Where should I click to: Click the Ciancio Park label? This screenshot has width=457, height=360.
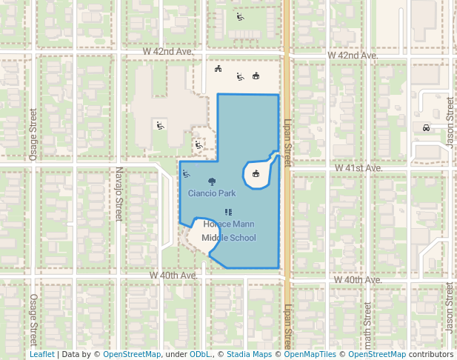(x=212, y=193)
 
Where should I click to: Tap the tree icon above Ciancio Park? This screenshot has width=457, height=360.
(x=213, y=181)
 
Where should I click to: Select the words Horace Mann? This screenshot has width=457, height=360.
(x=229, y=224)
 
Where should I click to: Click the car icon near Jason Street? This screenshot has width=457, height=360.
(x=426, y=127)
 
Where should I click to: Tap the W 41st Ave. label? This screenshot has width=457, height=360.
(x=358, y=168)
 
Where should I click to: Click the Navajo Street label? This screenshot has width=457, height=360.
(x=118, y=194)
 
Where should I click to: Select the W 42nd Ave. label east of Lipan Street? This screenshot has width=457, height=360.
(x=353, y=56)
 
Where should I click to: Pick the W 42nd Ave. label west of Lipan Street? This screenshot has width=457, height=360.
(x=169, y=53)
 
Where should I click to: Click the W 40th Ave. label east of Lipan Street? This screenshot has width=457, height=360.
(x=357, y=280)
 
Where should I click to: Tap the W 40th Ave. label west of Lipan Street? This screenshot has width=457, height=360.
(x=173, y=275)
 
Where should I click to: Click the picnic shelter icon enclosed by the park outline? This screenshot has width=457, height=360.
(x=256, y=174)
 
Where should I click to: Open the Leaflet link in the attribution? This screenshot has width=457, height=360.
(x=41, y=355)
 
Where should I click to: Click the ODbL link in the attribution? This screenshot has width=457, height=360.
(x=200, y=355)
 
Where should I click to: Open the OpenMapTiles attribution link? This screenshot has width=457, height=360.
(x=310, y=355)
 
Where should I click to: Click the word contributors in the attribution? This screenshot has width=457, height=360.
(x=430, y=355)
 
